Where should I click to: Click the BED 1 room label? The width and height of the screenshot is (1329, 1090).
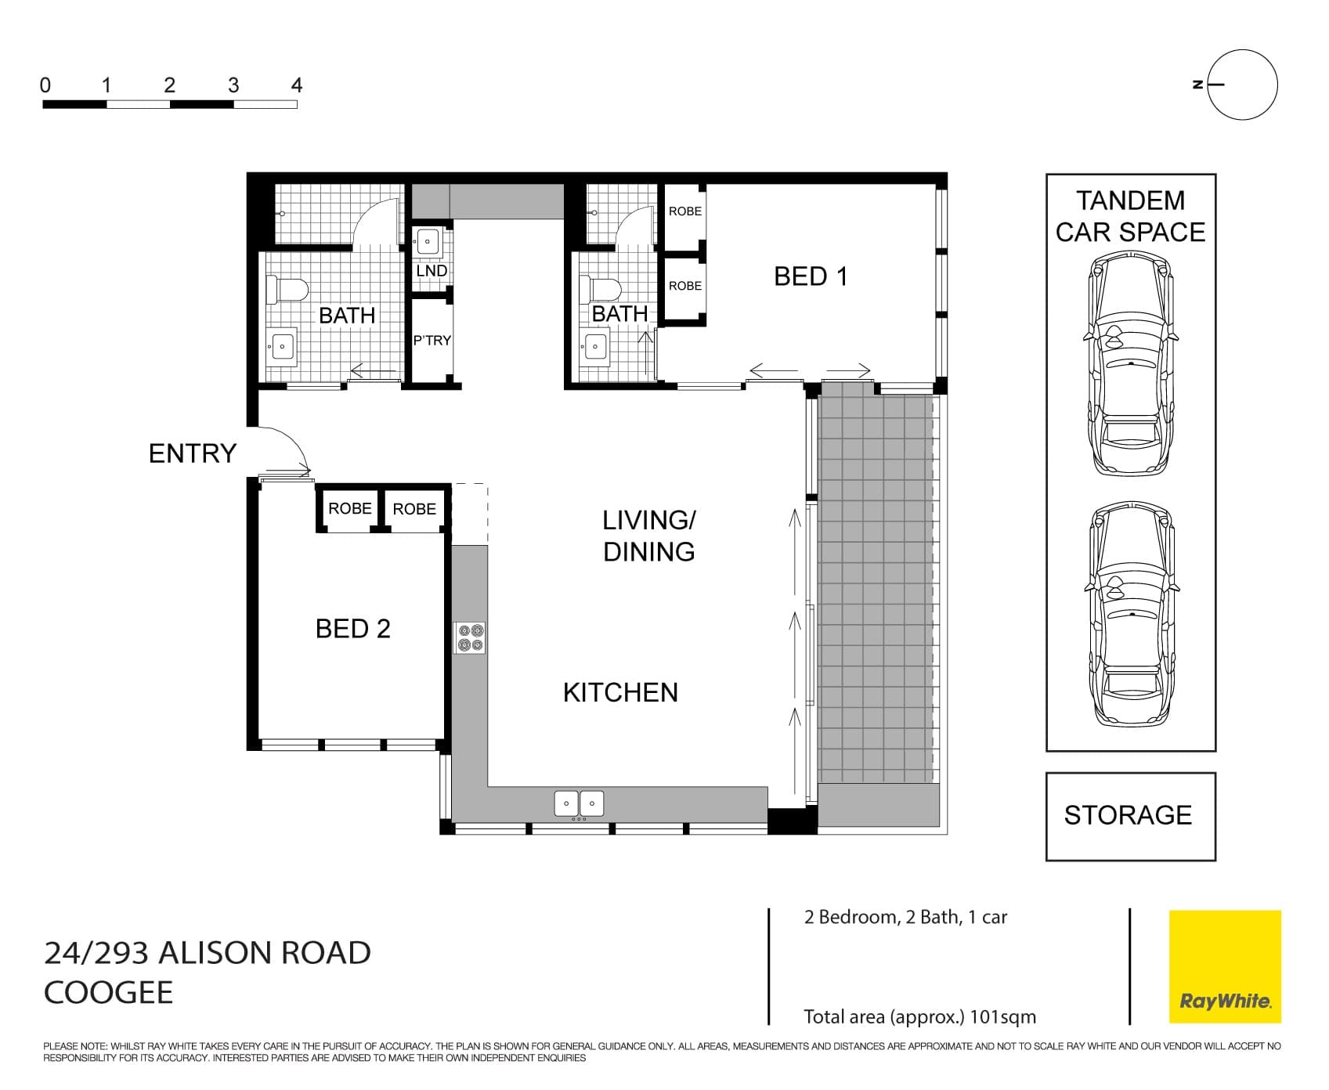pos(810,276)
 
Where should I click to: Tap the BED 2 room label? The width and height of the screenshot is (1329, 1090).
pos(352,629)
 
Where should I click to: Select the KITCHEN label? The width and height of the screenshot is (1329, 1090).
pos(620,692)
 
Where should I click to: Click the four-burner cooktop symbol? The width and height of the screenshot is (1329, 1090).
pos(470,637)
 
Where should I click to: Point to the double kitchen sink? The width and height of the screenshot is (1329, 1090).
pos(579,803)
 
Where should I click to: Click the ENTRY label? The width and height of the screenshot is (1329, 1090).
pos(192,453)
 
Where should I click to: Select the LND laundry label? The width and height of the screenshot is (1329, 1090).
pos(432,271)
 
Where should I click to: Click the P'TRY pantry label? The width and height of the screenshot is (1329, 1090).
pos(432,341)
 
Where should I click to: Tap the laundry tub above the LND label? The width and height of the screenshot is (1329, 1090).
pos(428,242)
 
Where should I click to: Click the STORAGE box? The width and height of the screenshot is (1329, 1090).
pos(1130,816)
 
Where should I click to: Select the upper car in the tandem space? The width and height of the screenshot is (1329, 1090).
pos(1131,364)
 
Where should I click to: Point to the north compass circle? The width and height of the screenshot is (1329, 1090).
pos(1242,85)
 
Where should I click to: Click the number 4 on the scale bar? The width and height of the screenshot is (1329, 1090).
pos(296,85)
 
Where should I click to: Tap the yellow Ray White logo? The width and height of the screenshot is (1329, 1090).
pos(1225,966)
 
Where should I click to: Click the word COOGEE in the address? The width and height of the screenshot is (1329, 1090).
pos(108,993)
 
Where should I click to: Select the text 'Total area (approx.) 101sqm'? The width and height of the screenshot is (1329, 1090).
pos(919,1017)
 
